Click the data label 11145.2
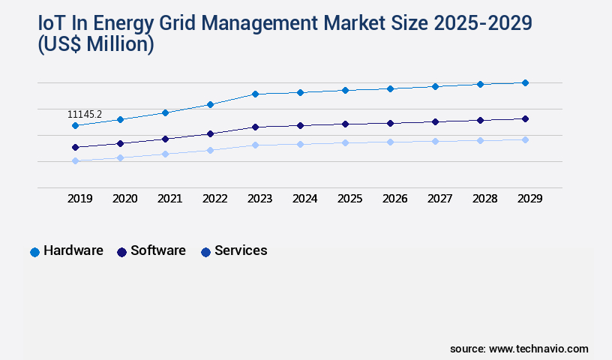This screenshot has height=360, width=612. coord(85,115)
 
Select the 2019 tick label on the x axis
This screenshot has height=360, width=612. coord(80,199)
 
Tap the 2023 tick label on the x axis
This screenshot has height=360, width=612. coord(259,199)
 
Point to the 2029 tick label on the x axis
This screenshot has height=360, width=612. coord(529,199)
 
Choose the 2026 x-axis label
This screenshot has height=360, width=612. coord(394,199)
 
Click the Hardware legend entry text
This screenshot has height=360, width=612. coord(73,251)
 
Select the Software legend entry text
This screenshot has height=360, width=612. coord(158,251)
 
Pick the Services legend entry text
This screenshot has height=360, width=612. coord(241,251)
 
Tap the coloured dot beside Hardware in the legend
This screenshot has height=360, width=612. coord(34,252)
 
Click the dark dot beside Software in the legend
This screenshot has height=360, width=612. coord(121,252)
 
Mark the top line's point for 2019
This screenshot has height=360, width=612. coord(75,125)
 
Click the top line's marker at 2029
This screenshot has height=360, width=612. coord(525,82)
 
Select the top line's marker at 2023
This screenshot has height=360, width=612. coord(255,94)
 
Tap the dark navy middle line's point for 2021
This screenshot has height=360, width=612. coord(165,139)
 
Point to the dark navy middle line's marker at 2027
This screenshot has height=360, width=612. coord(435,121)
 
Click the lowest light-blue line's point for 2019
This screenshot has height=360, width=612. coord(75,160)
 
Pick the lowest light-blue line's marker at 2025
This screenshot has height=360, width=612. coord(345,142)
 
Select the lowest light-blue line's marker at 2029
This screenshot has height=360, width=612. coord(525,139)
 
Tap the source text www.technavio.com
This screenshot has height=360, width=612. coord(538,349)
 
